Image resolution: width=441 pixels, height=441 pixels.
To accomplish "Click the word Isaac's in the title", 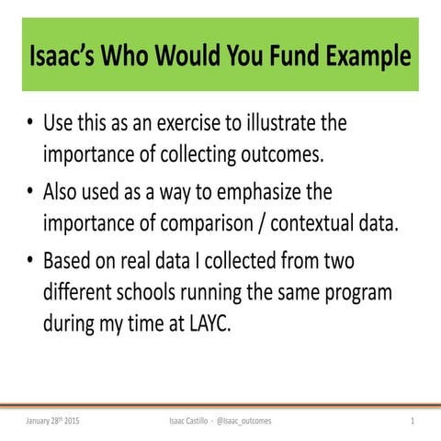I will click(67, 57).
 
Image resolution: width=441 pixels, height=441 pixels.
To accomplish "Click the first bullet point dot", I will click(31, 124).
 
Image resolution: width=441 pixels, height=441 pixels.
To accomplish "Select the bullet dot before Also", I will click(31, 194).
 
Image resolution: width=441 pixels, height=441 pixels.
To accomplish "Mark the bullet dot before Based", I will click(31, 264).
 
